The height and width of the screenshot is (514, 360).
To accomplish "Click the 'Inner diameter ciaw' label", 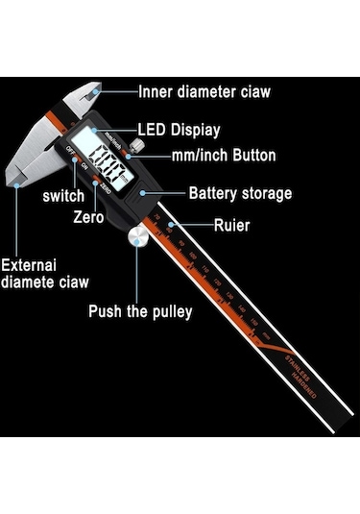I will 204,92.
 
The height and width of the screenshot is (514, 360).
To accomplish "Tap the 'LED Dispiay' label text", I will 179,129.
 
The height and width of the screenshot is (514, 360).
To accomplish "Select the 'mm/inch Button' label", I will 224,155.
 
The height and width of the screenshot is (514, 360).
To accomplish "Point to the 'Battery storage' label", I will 240,193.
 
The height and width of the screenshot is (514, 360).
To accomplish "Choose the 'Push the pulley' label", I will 140,310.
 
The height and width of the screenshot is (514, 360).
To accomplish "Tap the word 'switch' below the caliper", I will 62,196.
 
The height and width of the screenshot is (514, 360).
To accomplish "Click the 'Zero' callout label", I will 89,217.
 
